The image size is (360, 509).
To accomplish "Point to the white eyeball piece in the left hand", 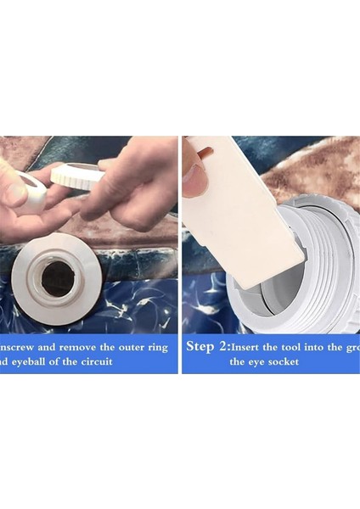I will click(27, 191).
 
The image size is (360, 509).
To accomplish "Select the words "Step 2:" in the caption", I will click(206, 346).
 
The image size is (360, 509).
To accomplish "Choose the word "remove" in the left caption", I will click(91, 347).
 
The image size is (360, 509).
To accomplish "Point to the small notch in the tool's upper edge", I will click(206, 153).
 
